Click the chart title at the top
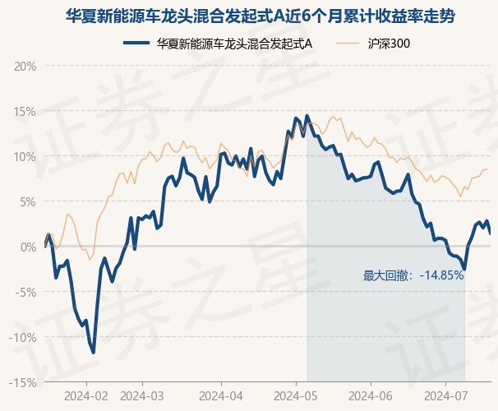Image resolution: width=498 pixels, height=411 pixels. (x=261, y=16)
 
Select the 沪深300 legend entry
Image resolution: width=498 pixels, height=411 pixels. (x=373, y=44)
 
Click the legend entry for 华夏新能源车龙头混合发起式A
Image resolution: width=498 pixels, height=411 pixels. (x=218, y=44)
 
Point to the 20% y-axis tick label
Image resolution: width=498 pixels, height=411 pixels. (x=25, y=67)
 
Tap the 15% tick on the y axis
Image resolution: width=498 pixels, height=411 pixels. (x=25, y=112)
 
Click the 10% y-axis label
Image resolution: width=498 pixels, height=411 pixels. (x=25, y=157)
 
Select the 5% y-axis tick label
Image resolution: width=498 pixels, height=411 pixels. (x=28, y=202)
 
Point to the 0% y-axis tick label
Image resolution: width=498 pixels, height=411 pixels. (x=28, y=247)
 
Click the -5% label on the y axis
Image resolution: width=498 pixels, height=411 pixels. (x=25, y=292)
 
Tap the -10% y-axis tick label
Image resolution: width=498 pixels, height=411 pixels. (x=23, y=337)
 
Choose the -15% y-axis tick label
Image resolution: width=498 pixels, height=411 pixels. (x=23, y=383)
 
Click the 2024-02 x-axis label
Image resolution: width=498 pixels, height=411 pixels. (x=86, y=396)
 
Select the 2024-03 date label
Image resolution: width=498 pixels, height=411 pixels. (x=142, y=396)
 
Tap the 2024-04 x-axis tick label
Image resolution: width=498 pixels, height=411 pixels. (x=221, y=396)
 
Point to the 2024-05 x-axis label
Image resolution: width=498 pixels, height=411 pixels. (x=296, y=396)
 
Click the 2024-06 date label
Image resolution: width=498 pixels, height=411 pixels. (x=371, y=396)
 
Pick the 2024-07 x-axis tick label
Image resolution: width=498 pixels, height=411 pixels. (x=446, y=396)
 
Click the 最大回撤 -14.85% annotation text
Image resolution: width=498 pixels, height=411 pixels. (x=413, y=275)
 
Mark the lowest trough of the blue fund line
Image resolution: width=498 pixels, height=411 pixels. (x=94, y=353)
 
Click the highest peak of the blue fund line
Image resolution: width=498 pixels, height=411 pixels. (x=307, y=115)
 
